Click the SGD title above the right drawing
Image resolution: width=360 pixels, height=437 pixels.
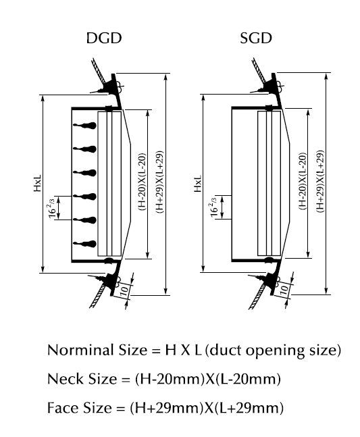point(256,38)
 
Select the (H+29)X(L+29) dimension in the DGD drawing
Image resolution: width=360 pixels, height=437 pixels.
point(158,182)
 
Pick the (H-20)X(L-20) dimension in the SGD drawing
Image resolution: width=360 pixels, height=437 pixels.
point(302,183)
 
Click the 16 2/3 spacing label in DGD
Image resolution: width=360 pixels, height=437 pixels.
point(51,207)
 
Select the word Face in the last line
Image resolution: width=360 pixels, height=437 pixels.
point(61,408)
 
